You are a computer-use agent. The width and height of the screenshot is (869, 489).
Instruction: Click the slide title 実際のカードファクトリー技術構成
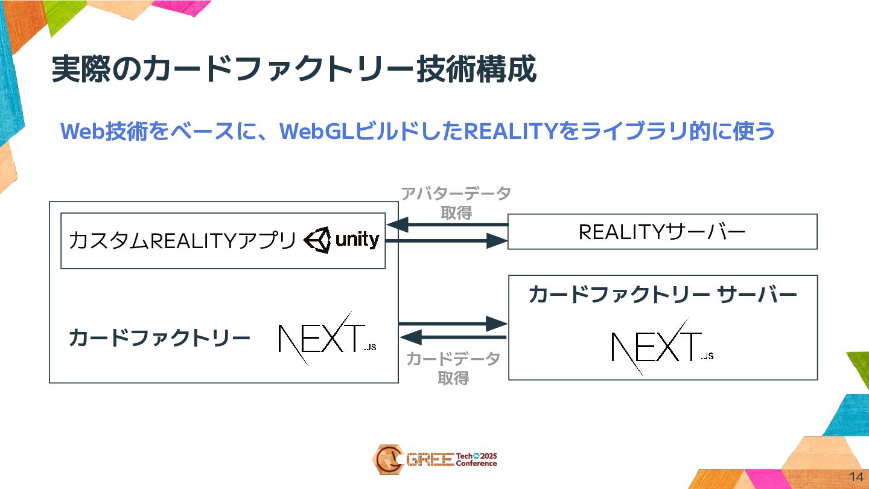click(x=294, y=70)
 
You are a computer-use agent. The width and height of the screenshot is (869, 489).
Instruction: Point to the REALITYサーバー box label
click(x=662, y=232)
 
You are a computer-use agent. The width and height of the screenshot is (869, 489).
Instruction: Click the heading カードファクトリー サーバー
click(x=663, y=295)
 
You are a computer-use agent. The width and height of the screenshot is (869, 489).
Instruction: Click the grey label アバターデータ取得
click(x=456, y=203)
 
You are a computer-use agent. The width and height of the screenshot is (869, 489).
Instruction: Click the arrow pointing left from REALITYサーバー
click(x=447, y=225)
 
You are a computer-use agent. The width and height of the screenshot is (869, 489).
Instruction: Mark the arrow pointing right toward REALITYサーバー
click(x=447, y=241)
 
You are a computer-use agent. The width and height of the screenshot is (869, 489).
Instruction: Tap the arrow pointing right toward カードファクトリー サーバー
click(x=453, y=324)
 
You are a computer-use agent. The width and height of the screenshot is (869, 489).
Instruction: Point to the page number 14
click(x=855, y=475)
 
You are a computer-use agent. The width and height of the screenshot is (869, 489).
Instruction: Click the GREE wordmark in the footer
click(x=430, y=460)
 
